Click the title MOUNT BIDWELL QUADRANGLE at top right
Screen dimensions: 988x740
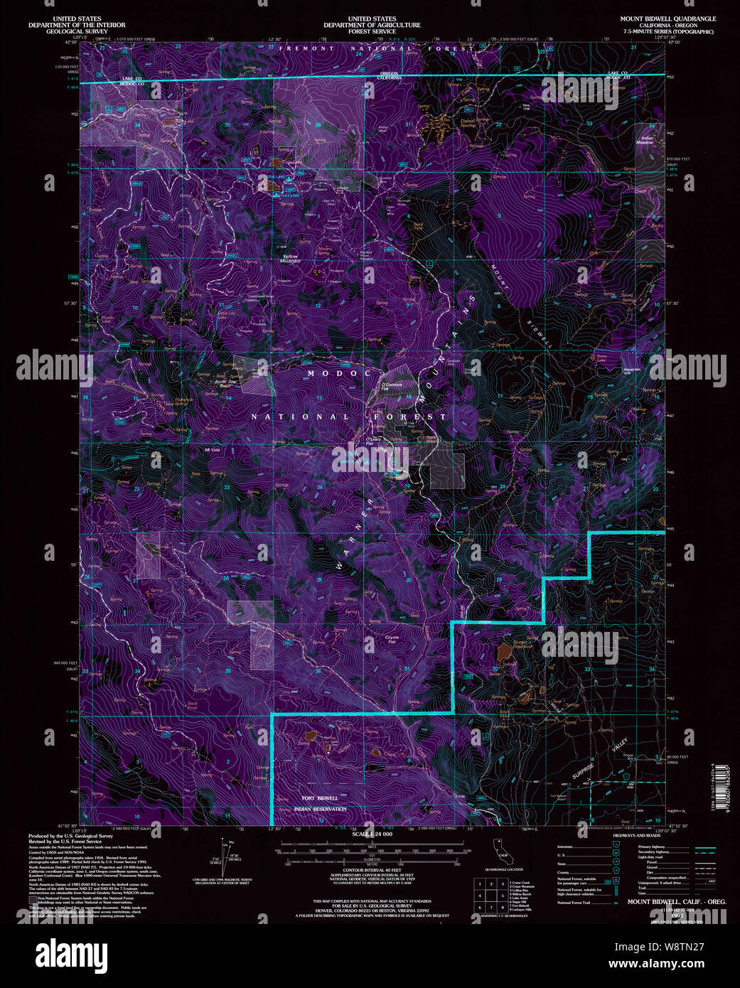pyautogui.click(x=667, y=18)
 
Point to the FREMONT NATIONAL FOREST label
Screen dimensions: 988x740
pyautogui.click(x=376, y=48)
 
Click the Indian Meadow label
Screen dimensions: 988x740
pyautogui.click(x=646, y=140)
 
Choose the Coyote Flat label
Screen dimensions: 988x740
pyautogui.click(x=392, y=640)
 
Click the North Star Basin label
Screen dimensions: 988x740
pyautogui.click(x=226, y=384)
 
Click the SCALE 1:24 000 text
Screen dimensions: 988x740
pyautogui.click(x=372, y=834)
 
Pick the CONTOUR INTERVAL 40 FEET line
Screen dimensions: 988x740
pyautogui.click(x=372, y=870)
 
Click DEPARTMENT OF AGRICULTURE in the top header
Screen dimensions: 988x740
pyautogui.click(x=372, y=25)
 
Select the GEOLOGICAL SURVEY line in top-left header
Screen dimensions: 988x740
pyautogui.click(x=77, y=31)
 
